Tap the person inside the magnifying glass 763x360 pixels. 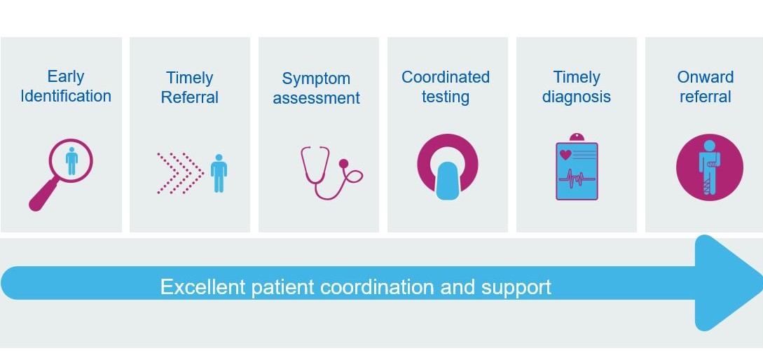coord(72,161)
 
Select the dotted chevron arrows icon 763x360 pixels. coord(179,173)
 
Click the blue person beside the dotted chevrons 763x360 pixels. coord(219,173)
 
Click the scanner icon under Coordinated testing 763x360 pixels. coord(447,167)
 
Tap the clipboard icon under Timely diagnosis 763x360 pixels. coord(577,167)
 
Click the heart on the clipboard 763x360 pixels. coord(565,155)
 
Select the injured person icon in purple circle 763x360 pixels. coord(710,167)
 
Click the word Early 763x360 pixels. coord(66,76)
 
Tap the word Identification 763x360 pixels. coord(66,96)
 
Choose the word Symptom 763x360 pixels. coord(316,78)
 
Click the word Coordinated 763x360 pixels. coord(446,77)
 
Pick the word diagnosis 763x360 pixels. coord(576,97)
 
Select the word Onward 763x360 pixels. coord(706,77)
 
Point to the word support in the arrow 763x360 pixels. coord(516,288)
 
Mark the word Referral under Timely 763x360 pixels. coord(190,97)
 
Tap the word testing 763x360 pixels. coord(446,97)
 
